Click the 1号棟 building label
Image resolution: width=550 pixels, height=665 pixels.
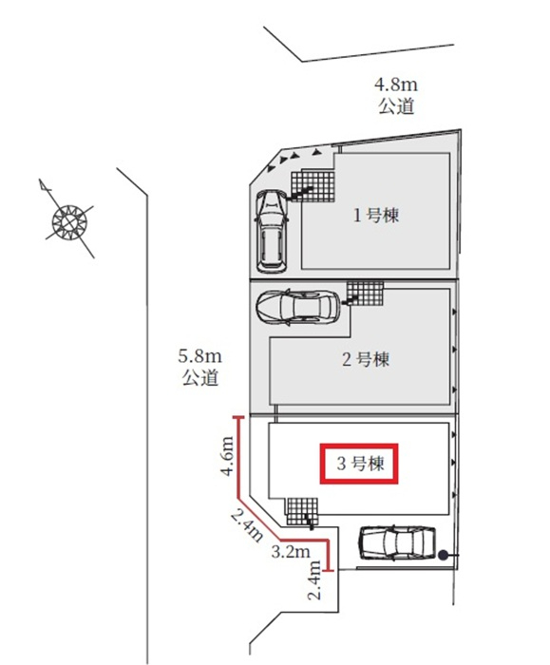click(x=376, y=216)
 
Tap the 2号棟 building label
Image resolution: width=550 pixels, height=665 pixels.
click(x=366, y=360)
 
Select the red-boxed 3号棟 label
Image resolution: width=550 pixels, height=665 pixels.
click(x=359, y=464)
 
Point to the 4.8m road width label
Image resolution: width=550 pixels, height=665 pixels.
click(x=396, y=85)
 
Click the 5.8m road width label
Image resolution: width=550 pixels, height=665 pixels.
click(x=199, y=356)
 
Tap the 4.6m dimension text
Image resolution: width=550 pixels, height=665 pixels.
click(x=227, y=456)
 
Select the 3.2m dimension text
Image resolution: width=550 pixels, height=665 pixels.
click(x=291, y=552)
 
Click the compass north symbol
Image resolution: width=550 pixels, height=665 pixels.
click(x=68, y=219)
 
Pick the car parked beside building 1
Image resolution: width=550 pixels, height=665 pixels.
click(x=272, y=231)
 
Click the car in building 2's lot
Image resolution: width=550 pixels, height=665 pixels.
click(x=297, y=308)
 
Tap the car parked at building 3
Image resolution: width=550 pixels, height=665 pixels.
click(x=398, y=543)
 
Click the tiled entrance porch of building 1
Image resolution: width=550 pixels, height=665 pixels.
click(x=313, y=186)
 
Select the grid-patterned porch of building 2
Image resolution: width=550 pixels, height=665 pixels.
click(x=366, y=294)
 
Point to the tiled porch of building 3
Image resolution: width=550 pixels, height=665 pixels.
click(x=301, y=512)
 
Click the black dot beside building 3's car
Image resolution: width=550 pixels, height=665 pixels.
click(x=443, y=554)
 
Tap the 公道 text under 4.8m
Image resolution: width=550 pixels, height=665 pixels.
click(x=396, y=106)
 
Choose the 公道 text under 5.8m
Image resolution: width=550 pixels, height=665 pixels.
click(x=200, y=377)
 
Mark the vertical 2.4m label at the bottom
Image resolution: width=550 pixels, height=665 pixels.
click(x=314, y=579)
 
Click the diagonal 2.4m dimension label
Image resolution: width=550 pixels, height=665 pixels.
click(x=246, y=525)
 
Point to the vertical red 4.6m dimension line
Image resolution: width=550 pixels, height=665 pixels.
click(x=238, y=457)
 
